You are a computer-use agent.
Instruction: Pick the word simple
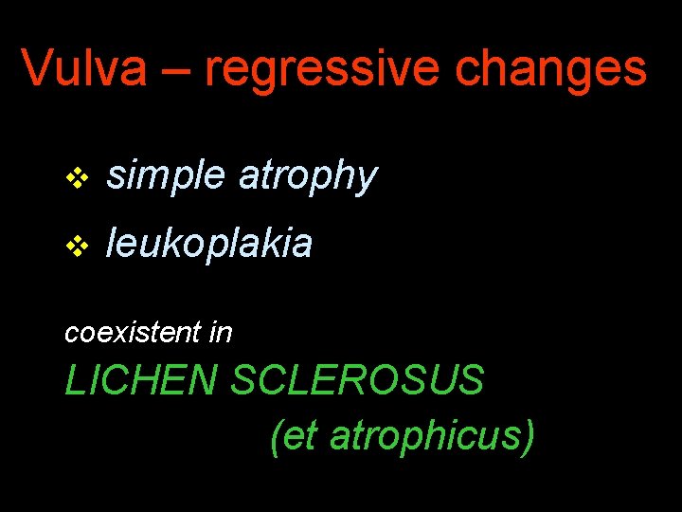coord(166,176)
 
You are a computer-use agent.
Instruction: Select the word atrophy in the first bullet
coord(308,176)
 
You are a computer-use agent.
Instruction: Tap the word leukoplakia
coord(209,244)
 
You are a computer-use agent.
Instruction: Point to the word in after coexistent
coord(222,333)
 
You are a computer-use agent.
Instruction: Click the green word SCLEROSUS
coord(358,381)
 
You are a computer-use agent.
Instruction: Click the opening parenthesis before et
coord(276,437)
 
